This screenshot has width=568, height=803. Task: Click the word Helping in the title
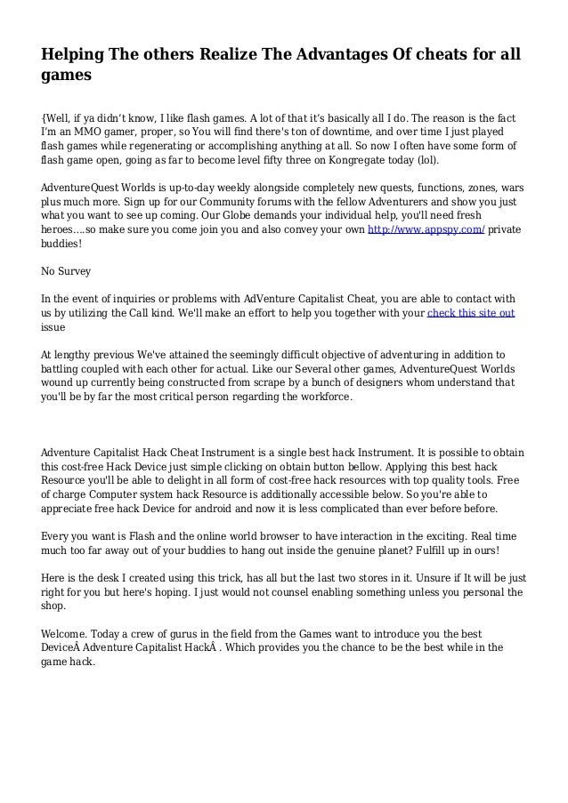[72, 56]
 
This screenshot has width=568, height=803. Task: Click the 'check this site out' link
[471, 314]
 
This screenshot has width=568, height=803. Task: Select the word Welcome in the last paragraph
[70, 633]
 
